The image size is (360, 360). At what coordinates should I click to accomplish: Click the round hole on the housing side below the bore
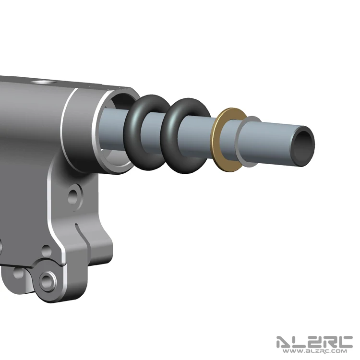(x=73, y=197)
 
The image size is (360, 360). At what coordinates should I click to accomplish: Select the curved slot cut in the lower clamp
(x=82, y=237)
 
